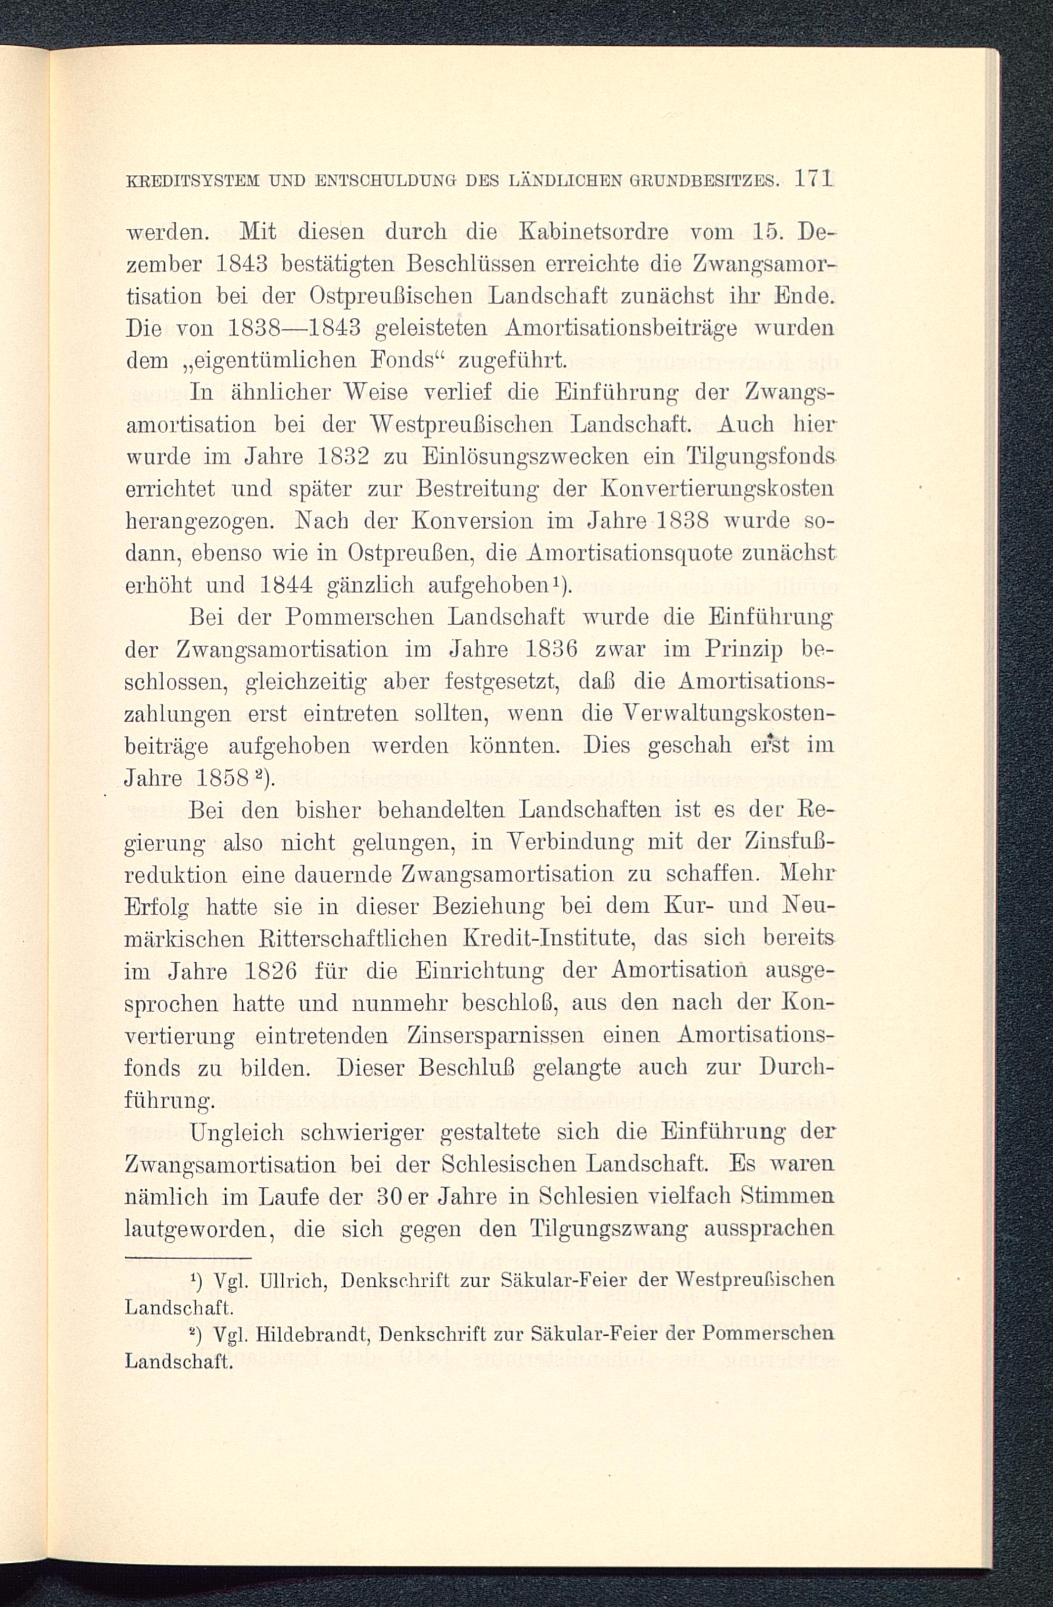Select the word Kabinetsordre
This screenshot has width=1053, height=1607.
pos(589,232)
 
